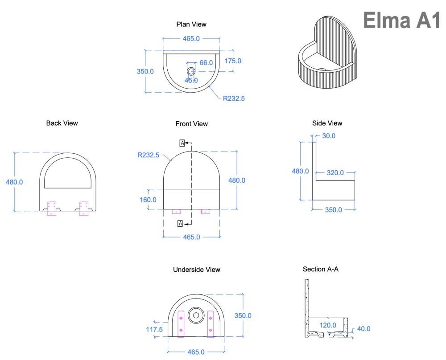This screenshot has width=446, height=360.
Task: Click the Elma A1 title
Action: coord(402,20)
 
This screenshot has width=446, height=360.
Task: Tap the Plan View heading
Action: coord(191,25)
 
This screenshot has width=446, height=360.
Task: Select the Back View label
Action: coord(62,123)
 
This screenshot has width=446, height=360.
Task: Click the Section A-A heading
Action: coord(321,269)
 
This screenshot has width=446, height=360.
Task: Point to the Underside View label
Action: coord(197,270)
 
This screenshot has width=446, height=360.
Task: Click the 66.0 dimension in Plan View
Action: coord(206,63)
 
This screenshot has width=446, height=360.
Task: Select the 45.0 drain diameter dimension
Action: coord(191,80)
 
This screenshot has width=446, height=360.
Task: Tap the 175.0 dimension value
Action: coord(233,61)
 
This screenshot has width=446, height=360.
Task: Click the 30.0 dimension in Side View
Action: coord(329,136)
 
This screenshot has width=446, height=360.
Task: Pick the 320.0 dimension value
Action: coord(335,172)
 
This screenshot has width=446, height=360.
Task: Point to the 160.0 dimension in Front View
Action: coord(148,200)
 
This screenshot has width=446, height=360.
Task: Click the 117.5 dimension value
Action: coord(154,329)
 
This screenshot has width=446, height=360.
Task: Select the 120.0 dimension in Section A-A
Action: coord(328,325)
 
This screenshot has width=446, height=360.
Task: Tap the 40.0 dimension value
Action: coord(363,329)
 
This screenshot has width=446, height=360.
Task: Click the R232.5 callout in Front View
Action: coord(149,155)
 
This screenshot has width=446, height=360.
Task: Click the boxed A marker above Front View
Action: coord(182,143)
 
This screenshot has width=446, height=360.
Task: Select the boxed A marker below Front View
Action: coord(180,224)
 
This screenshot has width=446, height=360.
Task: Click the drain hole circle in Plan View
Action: coord(191,71)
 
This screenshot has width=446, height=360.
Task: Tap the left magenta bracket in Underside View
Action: coord(181,323)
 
